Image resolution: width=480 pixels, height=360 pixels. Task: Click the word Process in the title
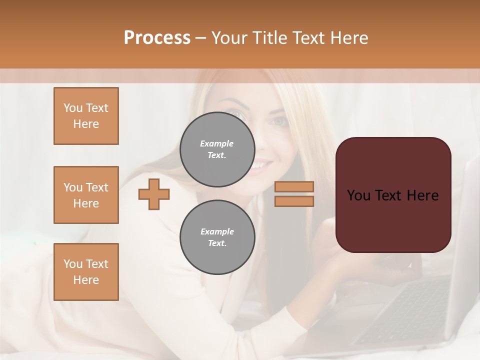click(157, 38)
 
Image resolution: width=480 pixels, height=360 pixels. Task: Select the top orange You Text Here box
click(86, 116)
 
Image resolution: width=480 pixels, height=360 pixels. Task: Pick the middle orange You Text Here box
click(86, 195)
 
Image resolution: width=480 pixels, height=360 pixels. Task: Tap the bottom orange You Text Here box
click(86, 272)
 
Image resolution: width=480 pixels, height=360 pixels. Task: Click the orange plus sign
click(154, 194)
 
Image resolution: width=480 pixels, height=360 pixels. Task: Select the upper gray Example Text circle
click(217, 149)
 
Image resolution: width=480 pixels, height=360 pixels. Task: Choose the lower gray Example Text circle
click(217, 237)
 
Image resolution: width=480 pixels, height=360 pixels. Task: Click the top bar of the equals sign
click(294, 186)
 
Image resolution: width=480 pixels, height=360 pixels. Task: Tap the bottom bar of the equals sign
click(294, 201)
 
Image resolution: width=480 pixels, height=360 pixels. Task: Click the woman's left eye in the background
click(278, 121)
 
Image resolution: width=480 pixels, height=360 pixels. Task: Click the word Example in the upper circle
click(217, 144)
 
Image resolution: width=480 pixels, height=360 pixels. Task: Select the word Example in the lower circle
click(217, 232)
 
